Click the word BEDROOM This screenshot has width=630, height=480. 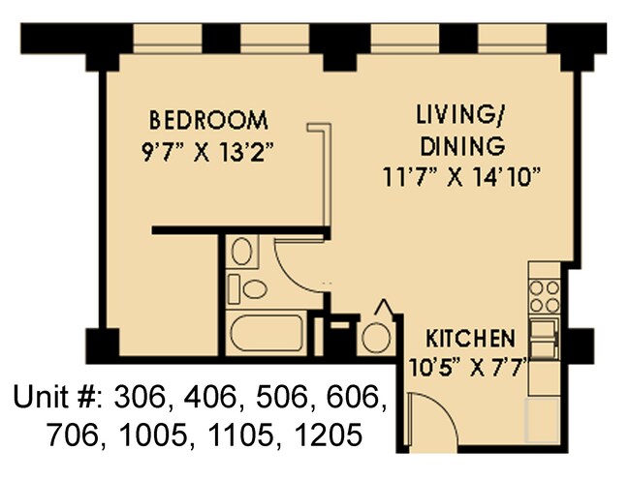207,121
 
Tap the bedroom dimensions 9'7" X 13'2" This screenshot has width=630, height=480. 207,152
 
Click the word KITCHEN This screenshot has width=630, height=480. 470,340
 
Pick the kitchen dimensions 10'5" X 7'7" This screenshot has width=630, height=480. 470,368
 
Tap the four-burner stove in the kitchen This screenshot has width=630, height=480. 544,291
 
